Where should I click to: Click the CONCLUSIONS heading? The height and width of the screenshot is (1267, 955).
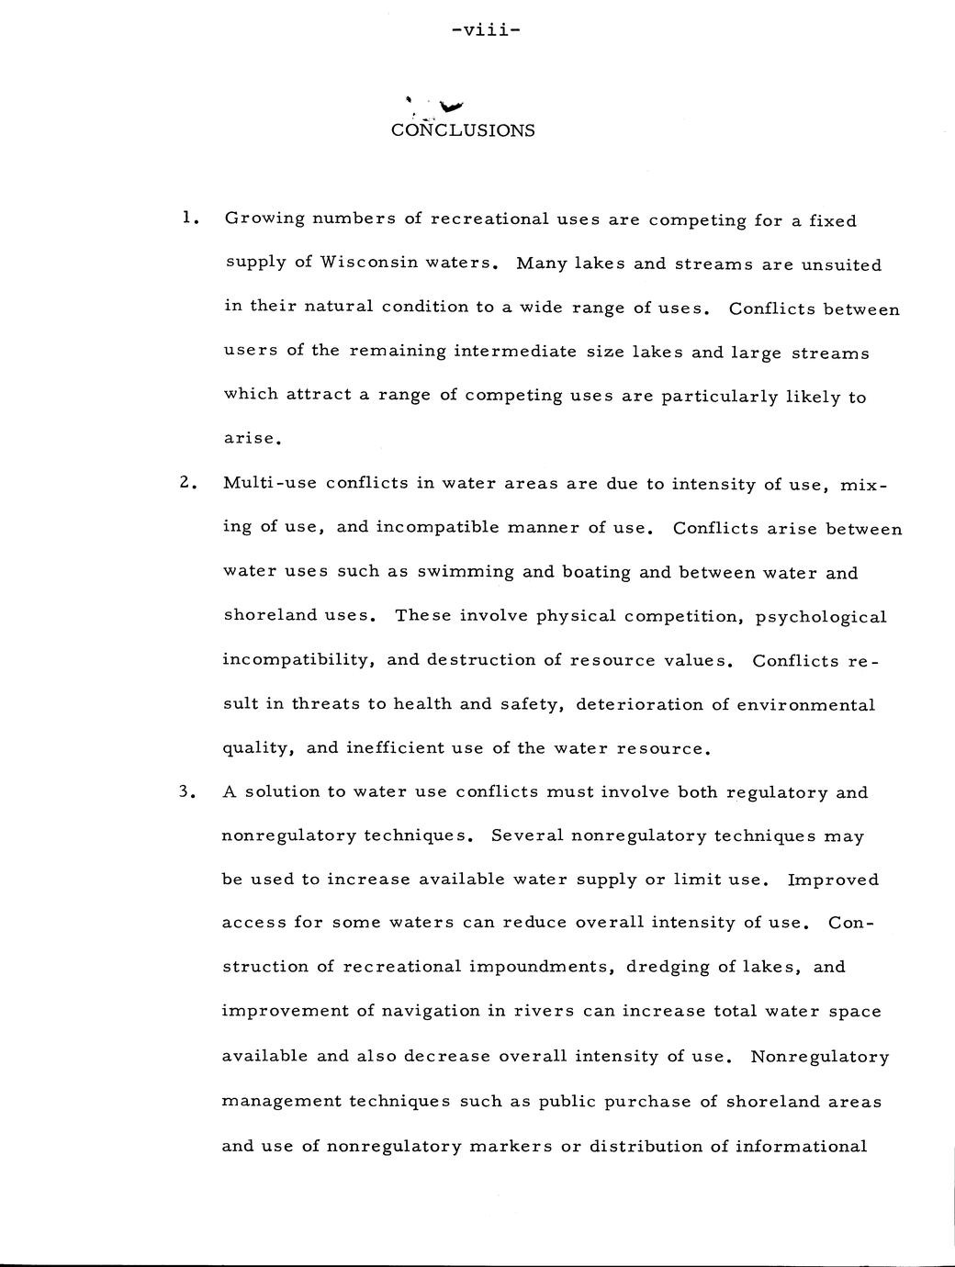point(463,130)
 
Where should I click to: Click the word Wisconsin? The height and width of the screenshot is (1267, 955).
point(363,263)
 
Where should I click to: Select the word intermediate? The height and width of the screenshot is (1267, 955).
point(524,352)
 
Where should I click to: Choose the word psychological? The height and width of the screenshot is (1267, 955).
point(821,617)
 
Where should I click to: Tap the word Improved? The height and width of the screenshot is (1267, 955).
point(833,880)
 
